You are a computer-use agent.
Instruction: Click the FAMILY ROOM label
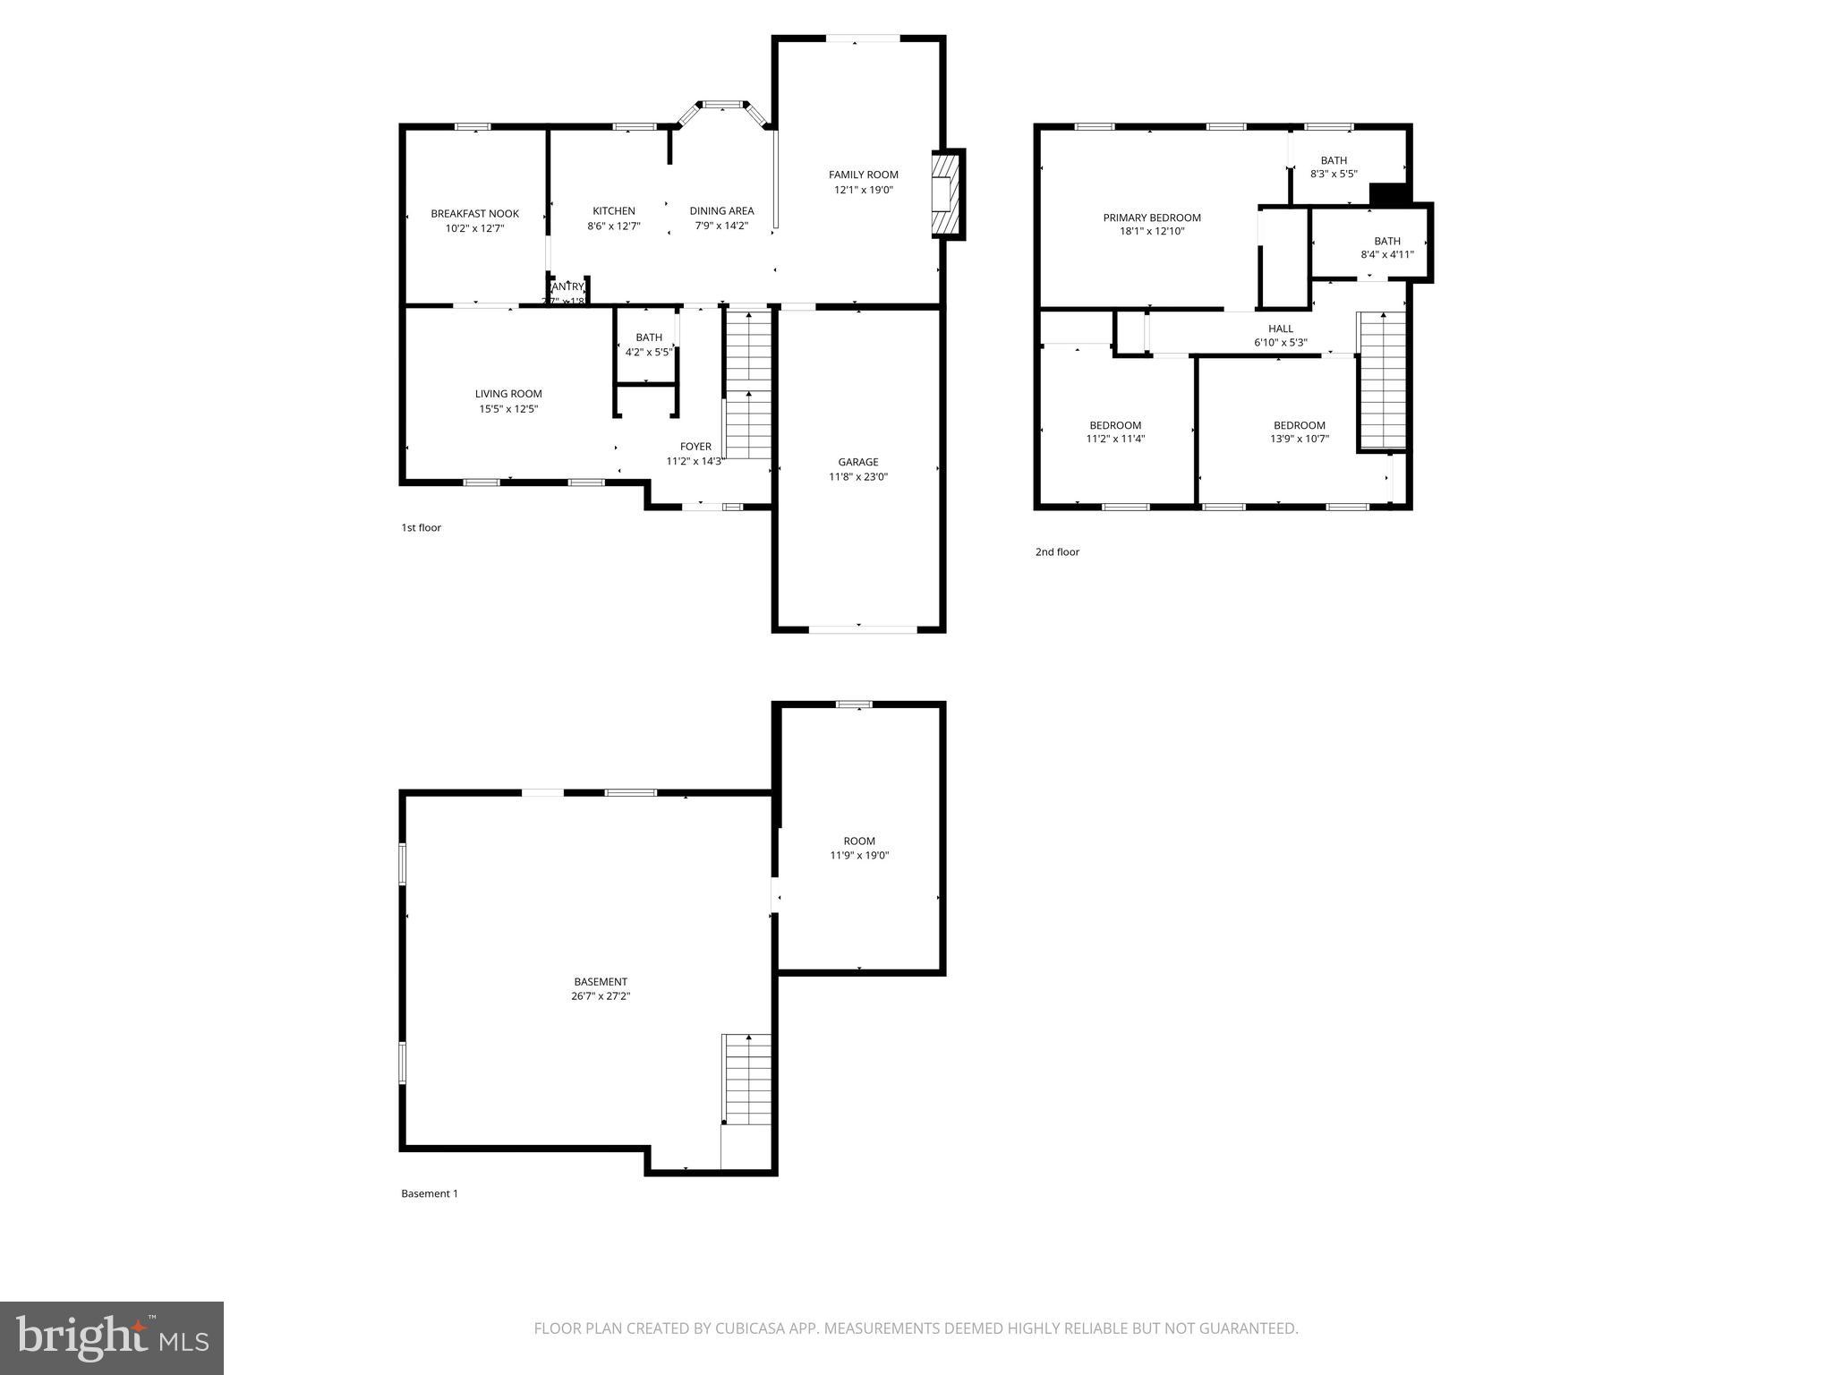(863, 175)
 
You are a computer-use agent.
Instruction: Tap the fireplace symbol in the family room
(945, 193)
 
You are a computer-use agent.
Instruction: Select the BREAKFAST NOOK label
(474, 214)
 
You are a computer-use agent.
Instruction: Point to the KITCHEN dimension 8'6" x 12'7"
(613, 226)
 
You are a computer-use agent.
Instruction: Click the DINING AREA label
(721, 211)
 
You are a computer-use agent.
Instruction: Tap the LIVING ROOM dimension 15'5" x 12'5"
(508, 409)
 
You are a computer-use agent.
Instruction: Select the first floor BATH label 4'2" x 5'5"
(648, 345)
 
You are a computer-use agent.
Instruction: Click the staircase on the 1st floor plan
(747, 385)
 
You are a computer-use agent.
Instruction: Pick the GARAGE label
(857, 462)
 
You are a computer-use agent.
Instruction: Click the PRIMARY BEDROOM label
(1151, 218)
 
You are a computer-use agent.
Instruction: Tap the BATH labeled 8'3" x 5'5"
(1334, 167)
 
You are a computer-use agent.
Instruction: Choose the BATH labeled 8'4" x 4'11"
(1386, 247)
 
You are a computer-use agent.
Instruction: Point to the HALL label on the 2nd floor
(1280, 329)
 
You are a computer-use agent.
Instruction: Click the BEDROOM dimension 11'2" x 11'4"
(1115, 440)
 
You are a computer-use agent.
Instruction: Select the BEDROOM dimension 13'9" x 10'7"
(1299, 440)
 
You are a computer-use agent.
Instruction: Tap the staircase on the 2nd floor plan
(1383, 380)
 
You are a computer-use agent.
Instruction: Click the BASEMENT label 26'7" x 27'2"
(600, 988)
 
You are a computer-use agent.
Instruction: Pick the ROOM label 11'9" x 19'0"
(858, 848)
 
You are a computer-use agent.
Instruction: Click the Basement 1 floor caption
(429, 1193)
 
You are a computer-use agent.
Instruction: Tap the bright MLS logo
(112, 1337)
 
